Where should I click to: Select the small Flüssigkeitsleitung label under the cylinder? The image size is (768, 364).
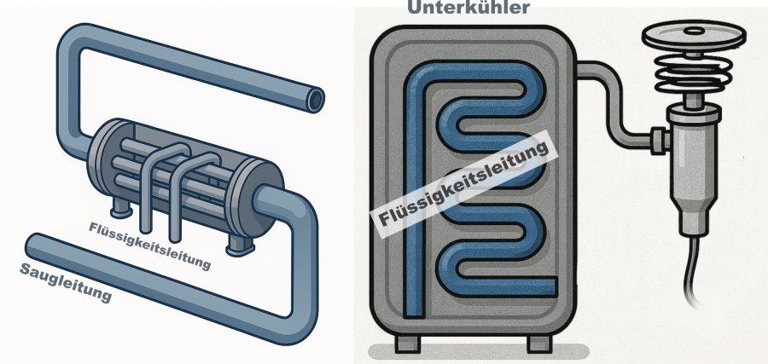pyautogui.click(x=148, y=245)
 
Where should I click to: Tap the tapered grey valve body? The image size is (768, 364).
pyautogui.click(x=692, y=170)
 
